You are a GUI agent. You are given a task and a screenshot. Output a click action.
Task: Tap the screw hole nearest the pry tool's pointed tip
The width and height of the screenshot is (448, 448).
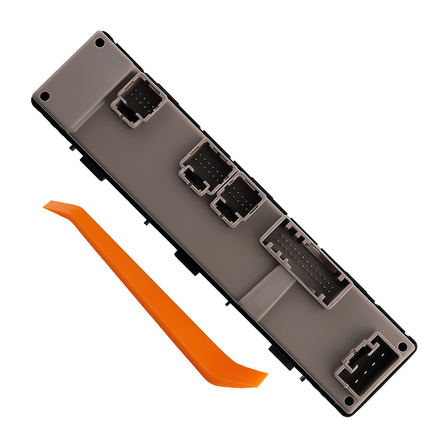click(44, 95)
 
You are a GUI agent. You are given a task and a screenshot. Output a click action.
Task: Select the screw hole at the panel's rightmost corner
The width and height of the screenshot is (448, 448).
click(402, 346)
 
